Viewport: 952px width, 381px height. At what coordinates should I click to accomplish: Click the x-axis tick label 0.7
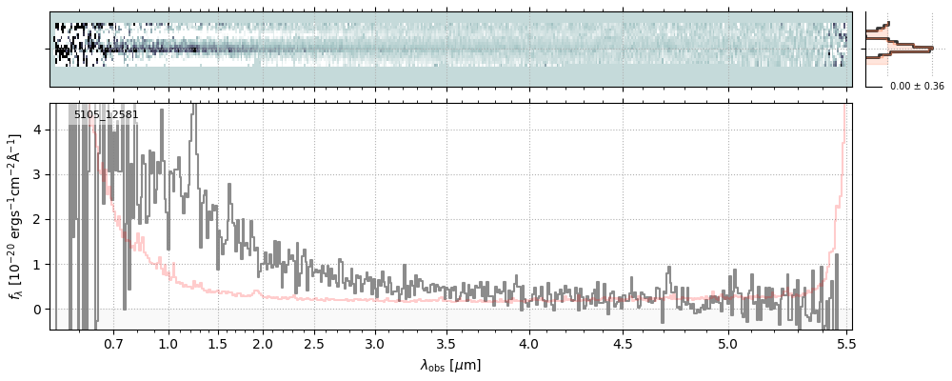[113, 343]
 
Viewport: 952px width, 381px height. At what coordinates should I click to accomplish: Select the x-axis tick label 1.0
[169, 343]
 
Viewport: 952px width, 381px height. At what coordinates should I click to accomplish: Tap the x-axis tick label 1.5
[217, 343]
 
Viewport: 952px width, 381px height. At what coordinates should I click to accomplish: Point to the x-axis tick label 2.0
[263, 343]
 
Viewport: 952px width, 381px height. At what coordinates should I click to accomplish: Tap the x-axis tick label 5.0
[727, 343]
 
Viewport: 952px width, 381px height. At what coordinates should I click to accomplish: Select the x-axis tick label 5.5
[842, 343]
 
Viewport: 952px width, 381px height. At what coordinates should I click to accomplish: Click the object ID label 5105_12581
[106, 115]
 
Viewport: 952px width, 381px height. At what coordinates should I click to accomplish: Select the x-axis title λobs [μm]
[450, 365]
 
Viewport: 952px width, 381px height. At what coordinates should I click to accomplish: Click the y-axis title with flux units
[16, 216]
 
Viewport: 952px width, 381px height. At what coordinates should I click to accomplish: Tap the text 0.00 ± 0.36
[917, 87]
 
